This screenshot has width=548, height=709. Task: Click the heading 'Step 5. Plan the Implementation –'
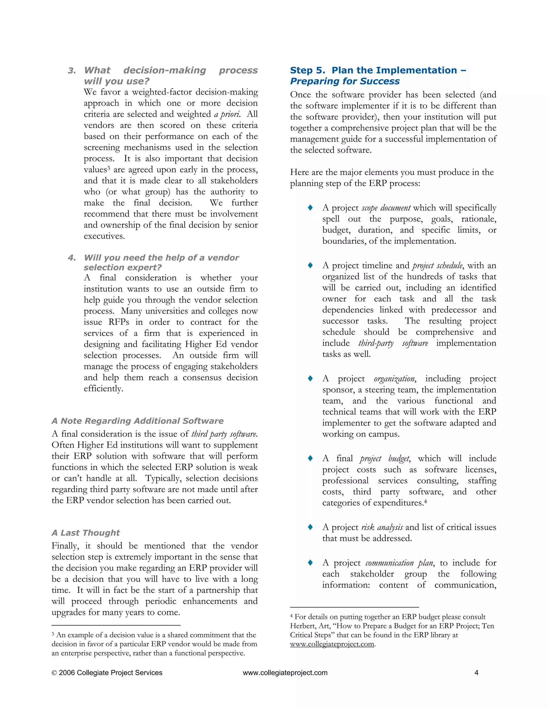point(378,70)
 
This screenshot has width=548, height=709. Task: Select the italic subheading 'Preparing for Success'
point(345,81)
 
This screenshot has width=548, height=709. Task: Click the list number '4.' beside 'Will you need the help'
point(72,258)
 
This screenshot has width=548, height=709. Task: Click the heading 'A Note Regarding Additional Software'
point(137,421)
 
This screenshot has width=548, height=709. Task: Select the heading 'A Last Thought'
point(86,533)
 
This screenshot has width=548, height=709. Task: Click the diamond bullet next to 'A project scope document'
point(310,207)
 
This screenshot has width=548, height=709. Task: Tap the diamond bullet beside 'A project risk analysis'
point(310,527)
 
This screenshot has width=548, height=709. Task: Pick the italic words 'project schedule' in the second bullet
point(437,266)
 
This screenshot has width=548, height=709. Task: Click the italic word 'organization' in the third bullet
point(394,379)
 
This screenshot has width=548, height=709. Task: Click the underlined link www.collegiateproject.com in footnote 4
point(332,644)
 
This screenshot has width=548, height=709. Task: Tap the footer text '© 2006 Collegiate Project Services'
point(107,673)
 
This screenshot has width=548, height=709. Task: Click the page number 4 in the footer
point(476,673)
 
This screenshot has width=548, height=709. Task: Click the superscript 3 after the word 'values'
point(109,168)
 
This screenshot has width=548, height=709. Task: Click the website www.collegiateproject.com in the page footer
point(285,673)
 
